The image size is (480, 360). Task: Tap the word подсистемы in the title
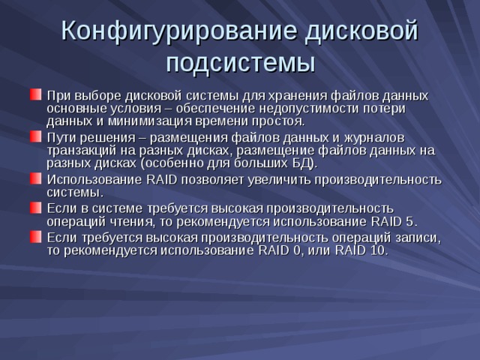pyautogui.click(x=240, y=61)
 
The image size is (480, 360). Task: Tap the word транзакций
pyautogui.click(x=82, y=150)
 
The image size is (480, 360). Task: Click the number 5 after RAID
pyautogui.click(x=409, y=220)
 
